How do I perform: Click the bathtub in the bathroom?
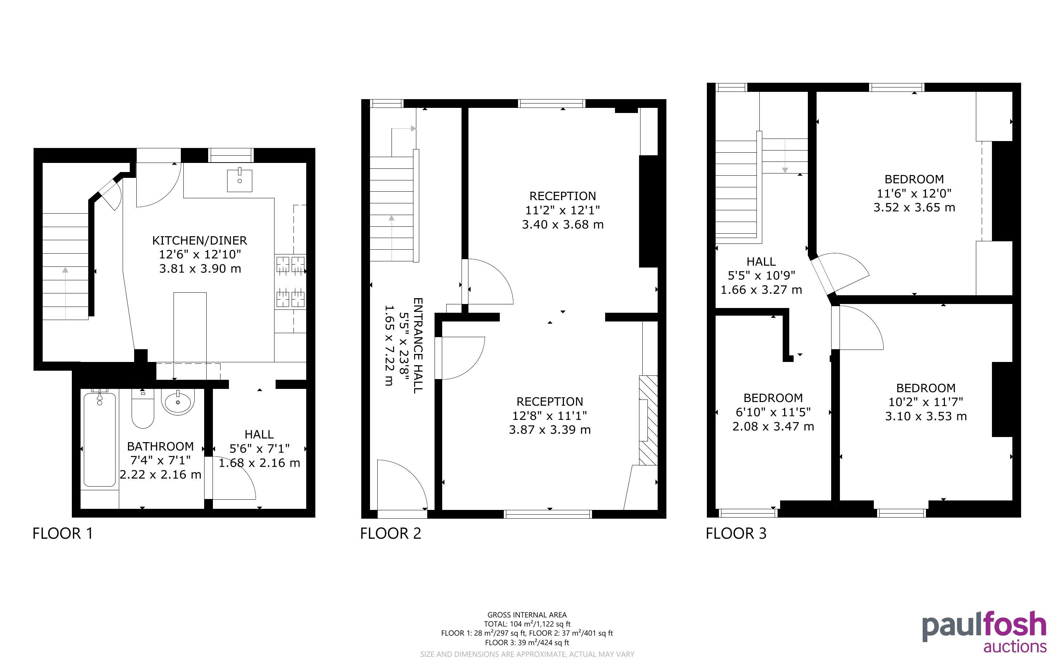coord(100,439)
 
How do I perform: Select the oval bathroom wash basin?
coord(178,401)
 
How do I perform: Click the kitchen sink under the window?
coord(240,180)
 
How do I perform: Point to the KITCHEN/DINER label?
coord(199,240)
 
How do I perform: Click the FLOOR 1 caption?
coord(63,534)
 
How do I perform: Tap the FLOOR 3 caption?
coord(736,534)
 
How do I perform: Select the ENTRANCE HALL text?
coord(418,346)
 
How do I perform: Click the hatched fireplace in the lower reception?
coord(648,420)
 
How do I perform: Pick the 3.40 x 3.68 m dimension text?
coord(562,225)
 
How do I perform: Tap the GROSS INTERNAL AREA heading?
coord(527,615)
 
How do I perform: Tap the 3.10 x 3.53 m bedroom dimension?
coord(926,416)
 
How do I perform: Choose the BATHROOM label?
coord(160,446)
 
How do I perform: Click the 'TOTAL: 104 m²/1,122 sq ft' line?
coord(527,624)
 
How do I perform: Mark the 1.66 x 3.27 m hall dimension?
coord(761,290)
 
